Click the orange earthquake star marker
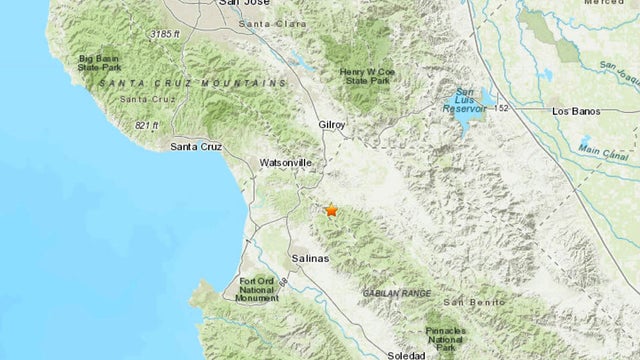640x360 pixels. click(x=331, y=211)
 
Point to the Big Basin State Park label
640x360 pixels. click(x=101, y=64)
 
